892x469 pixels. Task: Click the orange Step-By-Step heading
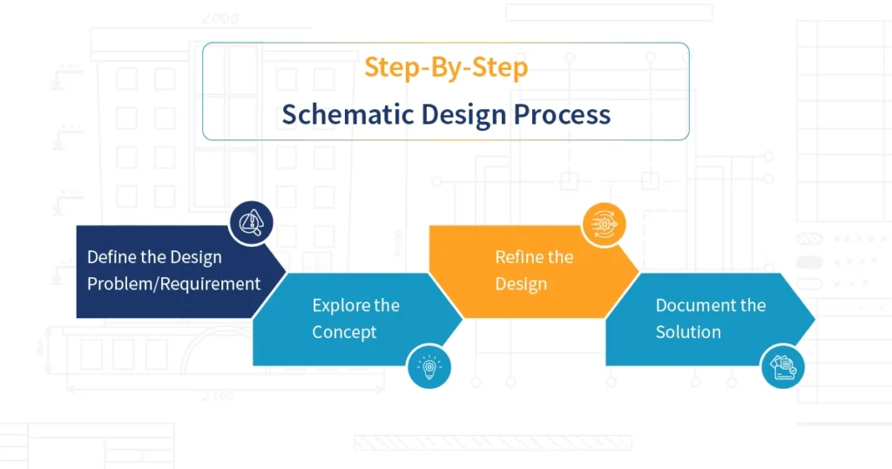tap(445, 67)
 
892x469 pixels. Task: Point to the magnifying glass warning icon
tap(251, 223)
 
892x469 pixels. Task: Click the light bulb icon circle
tap(430, 366)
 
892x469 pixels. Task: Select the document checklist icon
tap(783, 366)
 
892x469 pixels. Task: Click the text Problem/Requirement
tap(173, 283)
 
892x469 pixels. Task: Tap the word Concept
tap(344, 332)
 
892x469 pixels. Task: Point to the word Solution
tap(688, 332)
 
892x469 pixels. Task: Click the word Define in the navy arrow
tap(109, 257)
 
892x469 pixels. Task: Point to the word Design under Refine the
tap(521, 283)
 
